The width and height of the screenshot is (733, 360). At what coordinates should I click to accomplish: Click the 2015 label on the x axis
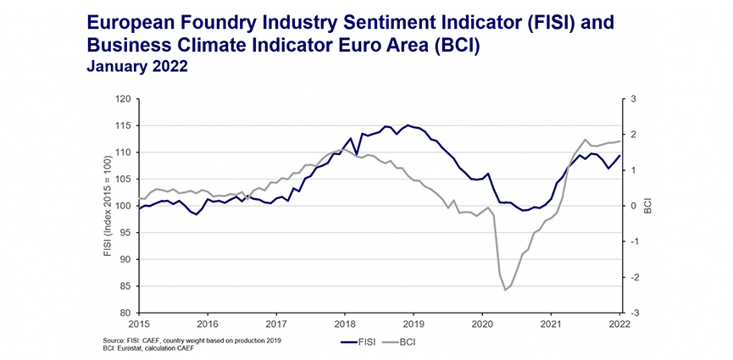coord(139,324)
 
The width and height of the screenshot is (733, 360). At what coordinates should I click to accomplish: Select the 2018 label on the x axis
coord(344,324)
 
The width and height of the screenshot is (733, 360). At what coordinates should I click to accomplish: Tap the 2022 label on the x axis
coord(619,324)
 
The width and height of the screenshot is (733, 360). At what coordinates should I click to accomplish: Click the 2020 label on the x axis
coord(481,324)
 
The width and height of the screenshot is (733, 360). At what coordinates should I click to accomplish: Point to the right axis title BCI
coord(648,206)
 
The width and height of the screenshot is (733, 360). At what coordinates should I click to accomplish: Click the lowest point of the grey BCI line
coord(506,291)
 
